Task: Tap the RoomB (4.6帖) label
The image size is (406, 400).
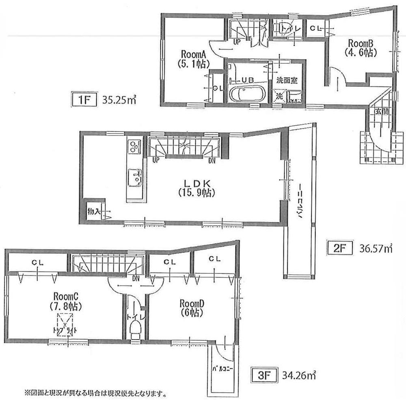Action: (x=361, y=47)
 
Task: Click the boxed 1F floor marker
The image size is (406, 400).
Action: (x=84, y=99)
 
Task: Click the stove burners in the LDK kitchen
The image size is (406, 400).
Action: (x=134, y=146)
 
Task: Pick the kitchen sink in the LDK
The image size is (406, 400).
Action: (x=134, y=177)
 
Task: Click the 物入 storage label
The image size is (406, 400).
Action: (x=93, y=211)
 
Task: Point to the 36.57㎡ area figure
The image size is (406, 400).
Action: (x=376, y=247)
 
